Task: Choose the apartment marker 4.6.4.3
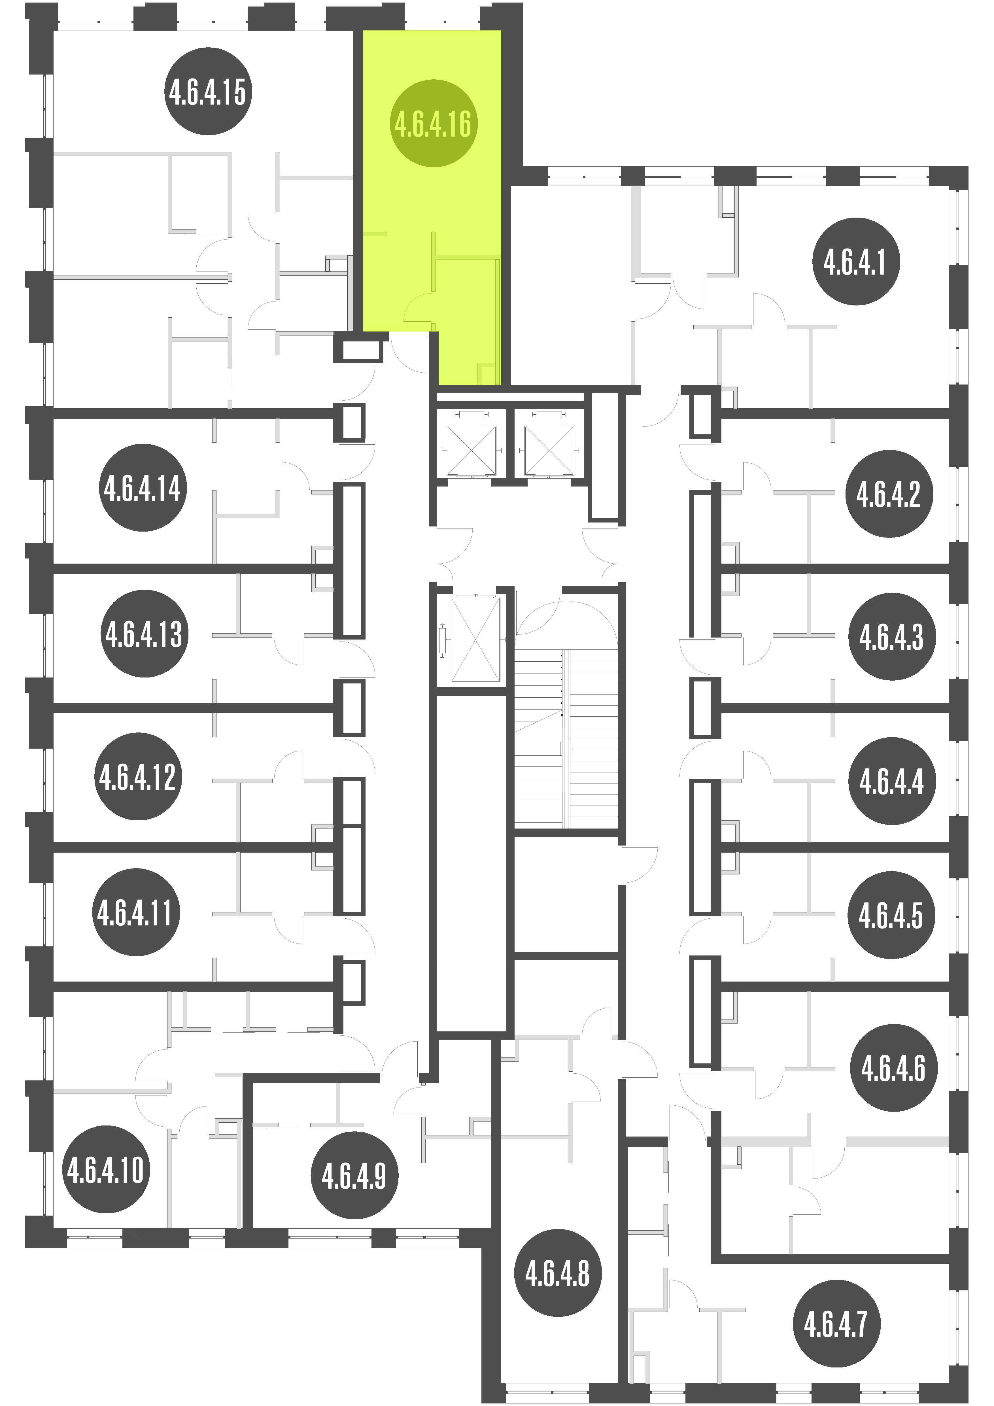pyautogui.click(x=892, y=637)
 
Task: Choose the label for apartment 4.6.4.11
pyautogui.click(x=136, y=912)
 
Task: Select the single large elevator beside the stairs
pyautogui.click(x=475, y=639)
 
